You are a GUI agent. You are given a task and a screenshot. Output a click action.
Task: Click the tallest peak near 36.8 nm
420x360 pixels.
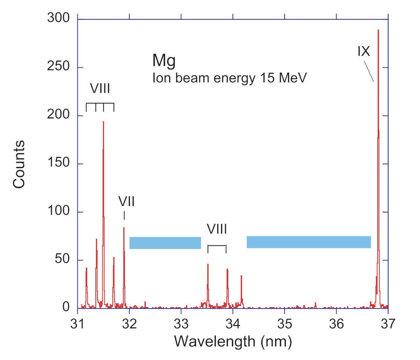pos(378,32)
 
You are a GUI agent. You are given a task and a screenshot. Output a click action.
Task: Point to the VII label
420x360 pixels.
pos(126,201)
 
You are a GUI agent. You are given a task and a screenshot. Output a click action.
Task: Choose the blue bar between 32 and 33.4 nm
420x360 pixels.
pos(165,243)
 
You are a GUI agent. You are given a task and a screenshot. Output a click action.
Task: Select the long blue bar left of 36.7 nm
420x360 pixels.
pos(308,242)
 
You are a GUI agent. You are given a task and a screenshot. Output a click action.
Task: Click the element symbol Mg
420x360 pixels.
pos(164,60)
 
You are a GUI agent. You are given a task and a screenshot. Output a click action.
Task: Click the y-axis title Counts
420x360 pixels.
pos(19,164)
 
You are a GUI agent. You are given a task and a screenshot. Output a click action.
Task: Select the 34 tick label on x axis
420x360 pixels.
pos(233,323)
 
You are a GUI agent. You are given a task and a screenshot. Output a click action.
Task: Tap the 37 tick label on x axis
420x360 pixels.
pos(388,323)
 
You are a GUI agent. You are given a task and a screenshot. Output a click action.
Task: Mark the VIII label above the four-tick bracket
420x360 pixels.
pos(100,88)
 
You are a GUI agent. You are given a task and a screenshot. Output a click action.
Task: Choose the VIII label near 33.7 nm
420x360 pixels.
pos(217,230)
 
